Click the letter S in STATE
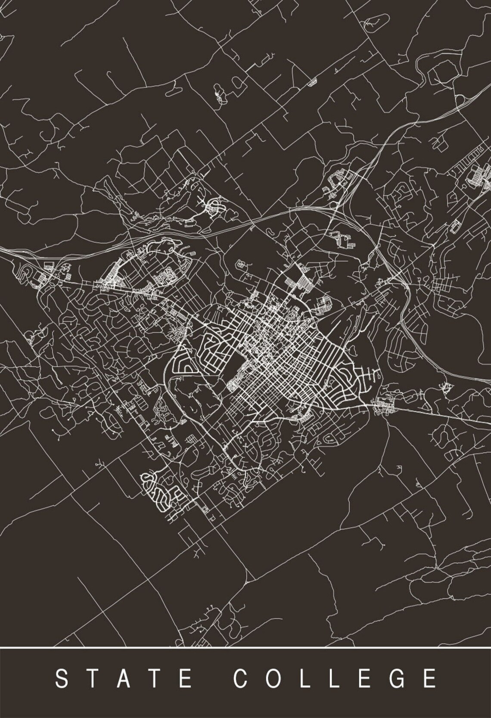pos(62,678)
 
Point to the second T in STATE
pos(155,678)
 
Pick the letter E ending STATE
pos(186,678)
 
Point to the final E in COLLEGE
pos(429,678)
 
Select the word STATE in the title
pos(124,678)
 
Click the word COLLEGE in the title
pos(335,678)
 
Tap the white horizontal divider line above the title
pos(245,647)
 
